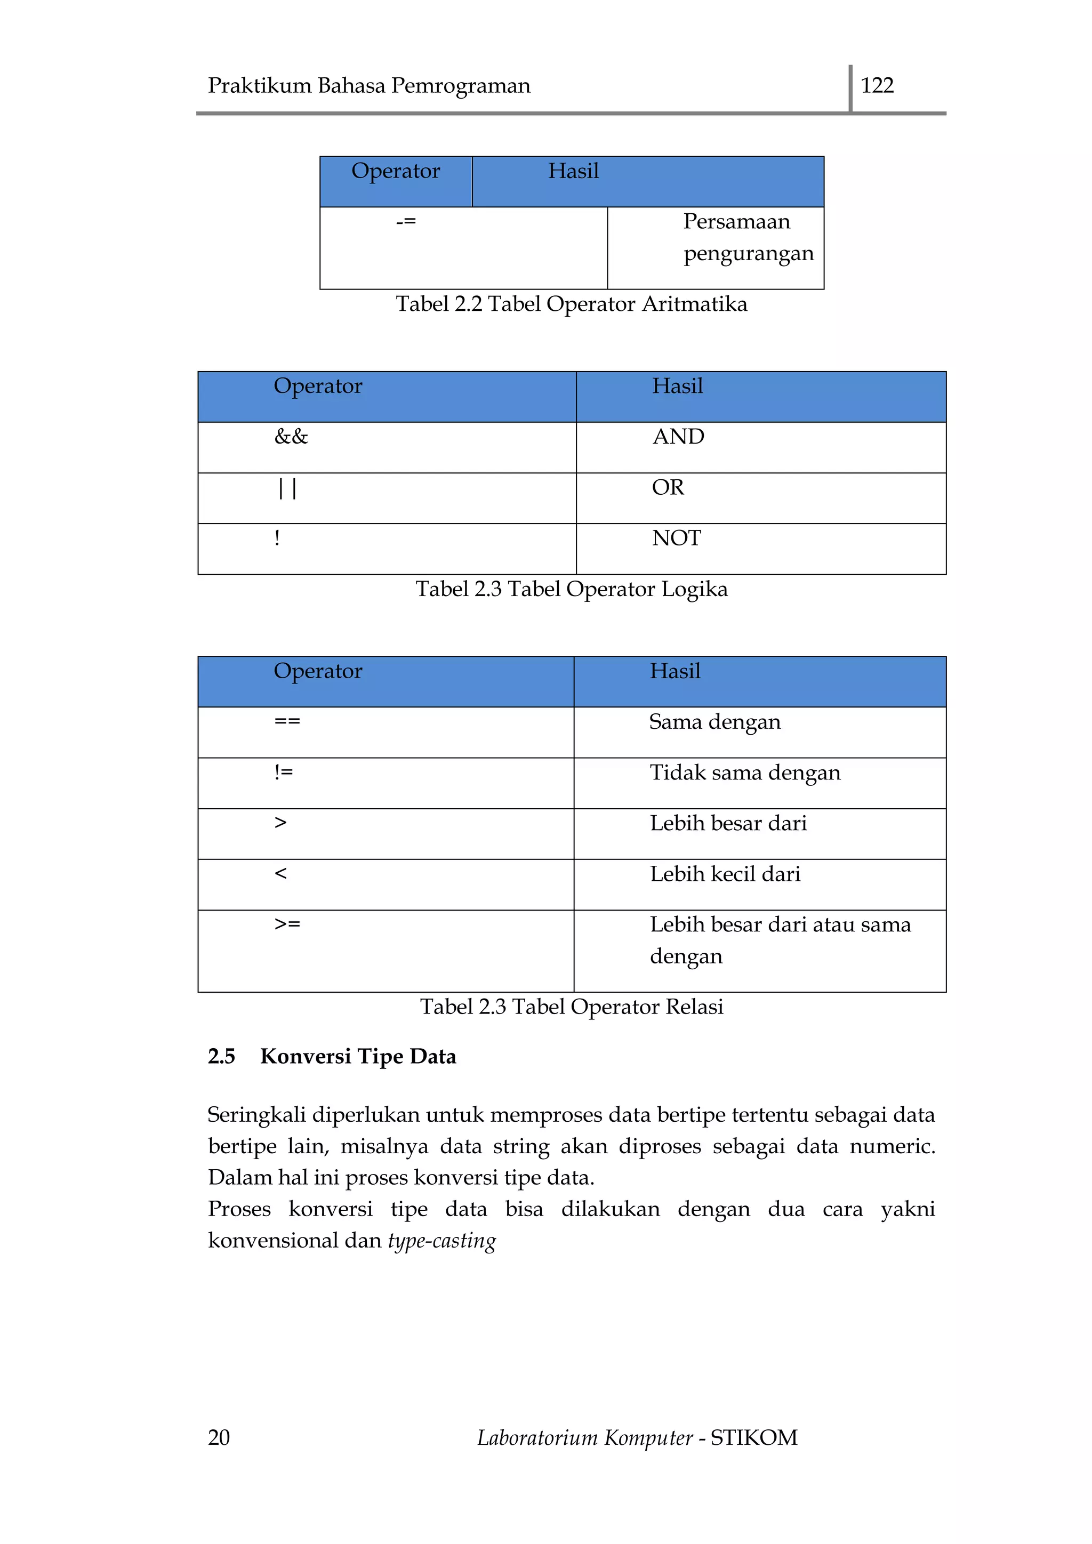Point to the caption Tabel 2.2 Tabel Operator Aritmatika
click(x=571, y=304)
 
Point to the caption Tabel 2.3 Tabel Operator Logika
click(x=571, y=589)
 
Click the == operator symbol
click(x=287, y=721)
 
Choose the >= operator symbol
click(x=287, y=924)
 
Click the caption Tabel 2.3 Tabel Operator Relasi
click(x=571, y=1007)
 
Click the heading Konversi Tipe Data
click(x=358, y=1057)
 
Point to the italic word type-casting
click(x=442, y=1241)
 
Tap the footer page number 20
click(x=219, y=1438)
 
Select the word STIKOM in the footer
click(x=754, y=1438)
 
